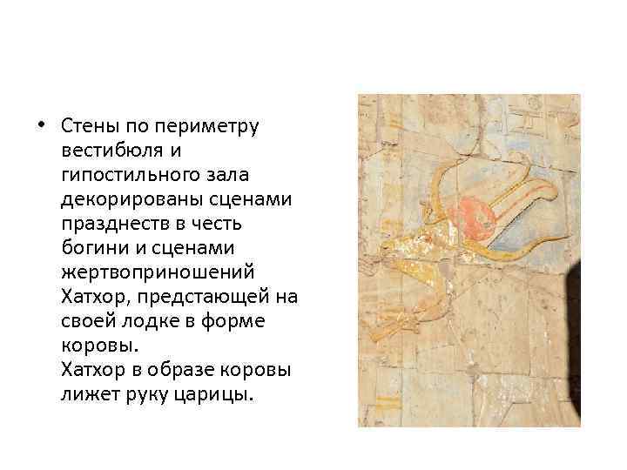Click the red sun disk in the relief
point(474,211)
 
